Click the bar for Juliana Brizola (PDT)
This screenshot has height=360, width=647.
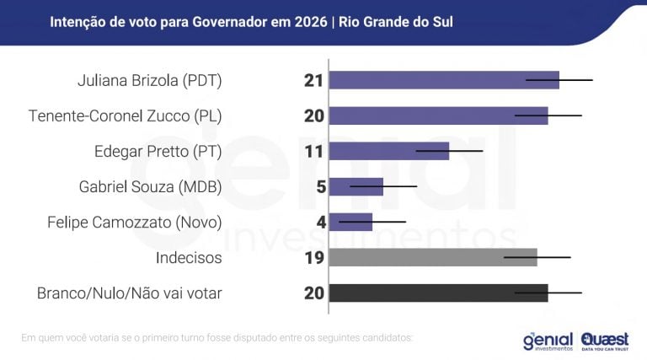[x=443, y=80]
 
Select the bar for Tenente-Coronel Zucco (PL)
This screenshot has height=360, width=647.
[x=438, y=116]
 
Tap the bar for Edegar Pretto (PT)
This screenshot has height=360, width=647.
[x=388, y=151]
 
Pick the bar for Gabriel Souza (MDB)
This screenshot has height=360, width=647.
[x=356, y=186]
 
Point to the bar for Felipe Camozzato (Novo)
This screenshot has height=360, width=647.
[x=350, y=222]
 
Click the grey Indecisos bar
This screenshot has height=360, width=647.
[x=432, y=257]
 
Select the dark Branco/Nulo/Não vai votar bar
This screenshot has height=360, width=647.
[x=438, y=293]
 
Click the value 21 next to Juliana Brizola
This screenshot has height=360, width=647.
[x=314, y=81]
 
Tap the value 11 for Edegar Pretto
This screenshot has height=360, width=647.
[x=314, y=152]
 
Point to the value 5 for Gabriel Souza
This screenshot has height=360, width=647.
[x=320, y=187]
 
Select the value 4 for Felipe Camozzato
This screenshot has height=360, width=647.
[x=320, y=223]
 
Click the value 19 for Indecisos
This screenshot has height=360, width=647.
[x=314, y=258]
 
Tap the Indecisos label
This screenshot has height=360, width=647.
[x=189, y=258]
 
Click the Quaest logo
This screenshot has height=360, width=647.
[x=605, y=339]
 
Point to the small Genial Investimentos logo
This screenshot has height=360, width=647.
[x=548, y=340]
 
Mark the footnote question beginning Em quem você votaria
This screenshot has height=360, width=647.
[x=217, y=338]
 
